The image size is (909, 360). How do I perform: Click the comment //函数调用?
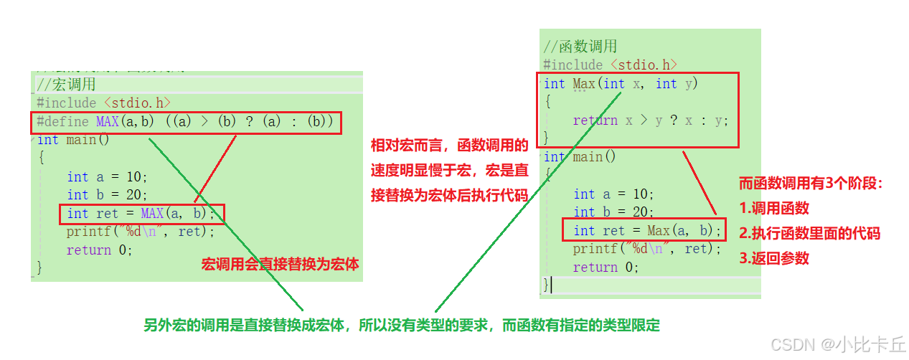coord(580,47)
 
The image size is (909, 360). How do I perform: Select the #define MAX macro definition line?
coord(185,122)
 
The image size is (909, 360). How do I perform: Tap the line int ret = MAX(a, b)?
coord(141,213)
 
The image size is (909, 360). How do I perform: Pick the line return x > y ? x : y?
coord(650,120)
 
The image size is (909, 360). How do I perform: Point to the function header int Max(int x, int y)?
coord(621,84)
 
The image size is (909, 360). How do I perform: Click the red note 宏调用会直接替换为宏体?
coord(280,265)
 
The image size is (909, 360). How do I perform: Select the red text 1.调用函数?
coord(774,208)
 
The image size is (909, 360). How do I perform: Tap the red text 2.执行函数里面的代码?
coord(809,233)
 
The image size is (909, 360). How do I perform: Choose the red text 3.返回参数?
coord(774,258)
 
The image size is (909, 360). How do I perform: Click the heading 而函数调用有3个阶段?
coord(810,184)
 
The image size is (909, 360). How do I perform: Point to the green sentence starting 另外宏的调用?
coord(401,325)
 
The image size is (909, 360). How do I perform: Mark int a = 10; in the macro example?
coord(107,177)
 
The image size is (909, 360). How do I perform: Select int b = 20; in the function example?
coord(613,212)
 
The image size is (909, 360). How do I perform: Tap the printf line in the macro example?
coord(141,232)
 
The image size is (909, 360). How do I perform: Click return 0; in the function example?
coord(606,267)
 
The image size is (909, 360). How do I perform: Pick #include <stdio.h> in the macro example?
coord(104,103)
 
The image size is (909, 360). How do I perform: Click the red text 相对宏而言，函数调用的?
coord(449,146)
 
